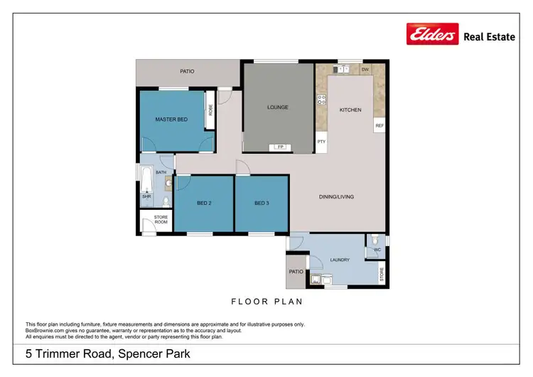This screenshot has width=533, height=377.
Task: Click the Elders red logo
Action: pos(432,34)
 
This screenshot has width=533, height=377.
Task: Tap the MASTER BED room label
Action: pos(171,120)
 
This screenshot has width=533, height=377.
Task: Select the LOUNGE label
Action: pos(278,107)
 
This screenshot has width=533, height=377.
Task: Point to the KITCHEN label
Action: pos(350,110)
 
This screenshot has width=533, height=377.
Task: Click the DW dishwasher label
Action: pos(365,70)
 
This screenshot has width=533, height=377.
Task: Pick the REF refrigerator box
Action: pos(379,126)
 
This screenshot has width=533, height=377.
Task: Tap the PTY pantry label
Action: pos(321,142)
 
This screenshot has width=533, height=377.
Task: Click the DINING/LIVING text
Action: pos(336,197)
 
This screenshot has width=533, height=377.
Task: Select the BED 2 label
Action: pos(204,203)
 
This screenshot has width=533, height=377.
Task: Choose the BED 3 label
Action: pos(262,203)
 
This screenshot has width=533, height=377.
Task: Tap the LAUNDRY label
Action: pos(340,260)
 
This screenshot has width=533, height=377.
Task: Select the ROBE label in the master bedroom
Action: pos(210,111)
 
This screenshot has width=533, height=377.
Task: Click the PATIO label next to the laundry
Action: pos(296,272)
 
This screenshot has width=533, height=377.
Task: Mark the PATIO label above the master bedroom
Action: pos(187,71)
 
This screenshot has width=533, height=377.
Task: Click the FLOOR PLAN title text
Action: pos(266,302)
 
